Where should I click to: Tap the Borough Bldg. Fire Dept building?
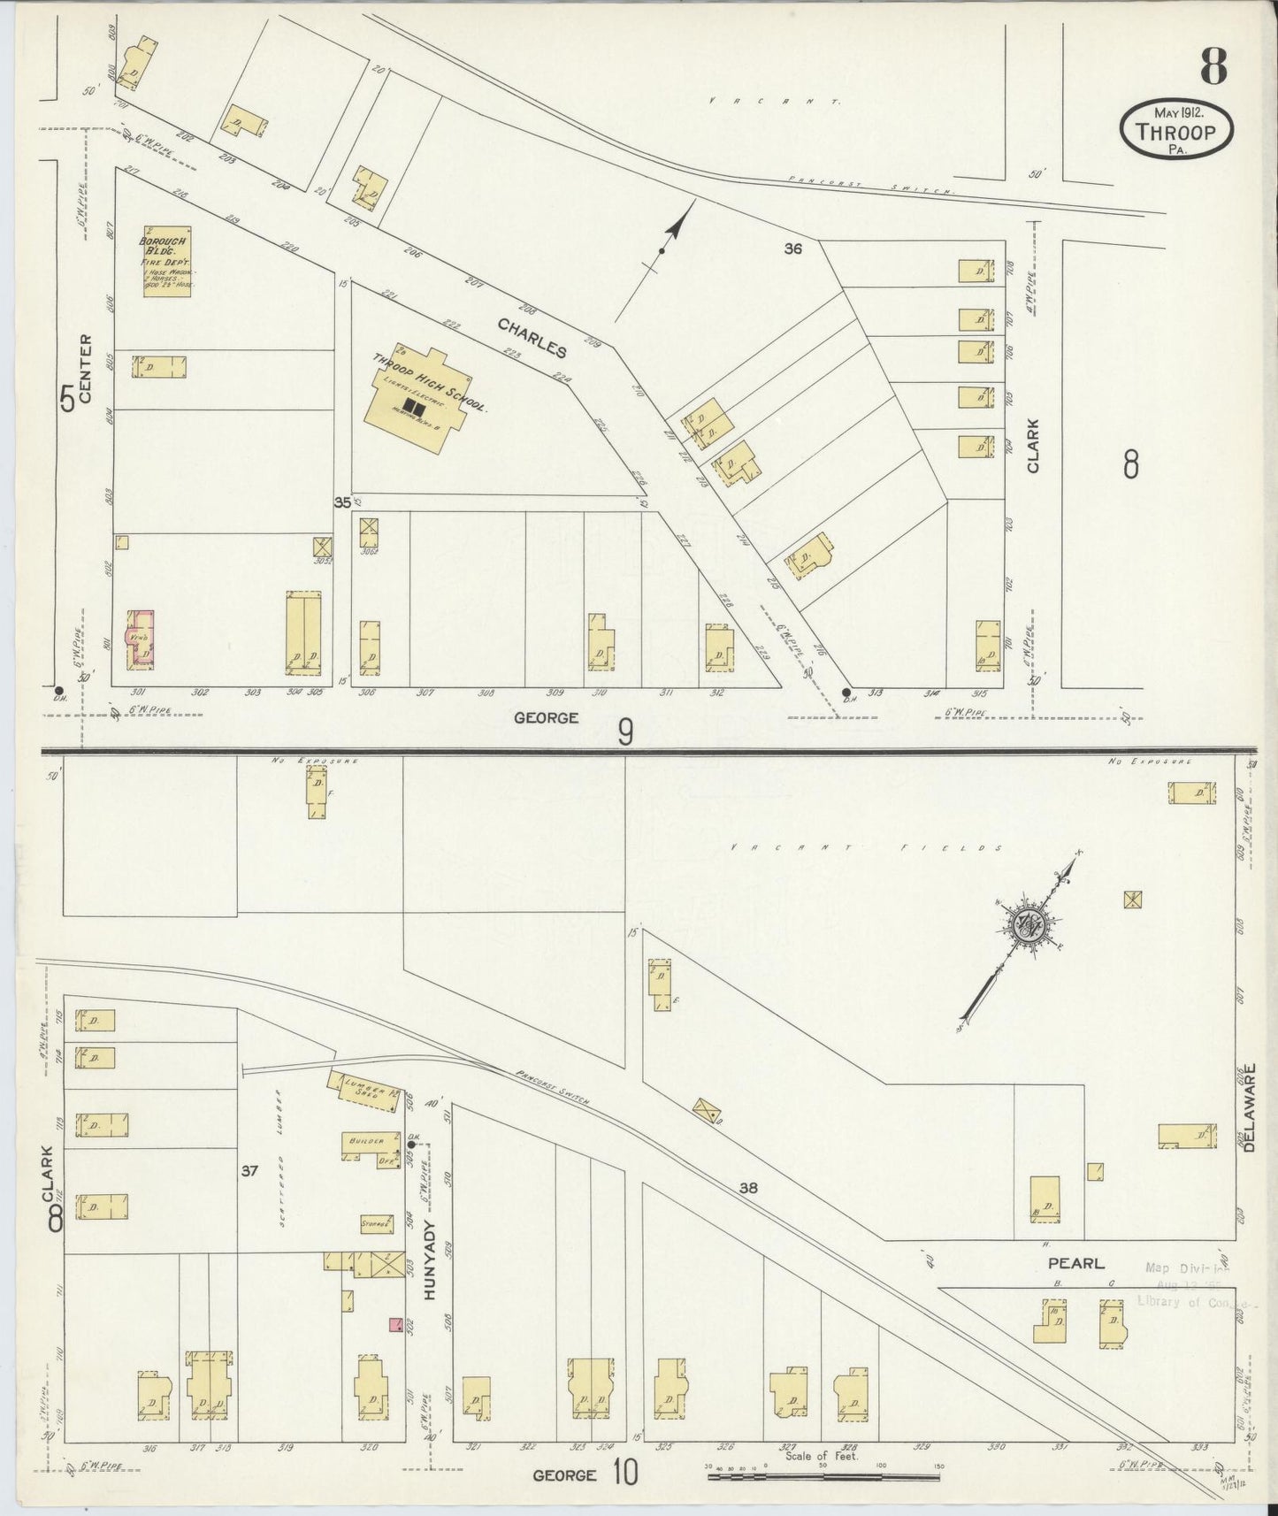click(166, 263)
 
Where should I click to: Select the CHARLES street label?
click(532, 338)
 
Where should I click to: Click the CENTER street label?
click(86, 369)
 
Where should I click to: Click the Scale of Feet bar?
click(823, 1476)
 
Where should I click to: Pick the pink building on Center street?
click(142, 637)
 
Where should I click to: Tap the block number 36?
click(792, 249)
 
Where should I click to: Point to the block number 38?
click(748, 1188)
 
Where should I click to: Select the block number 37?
click(249, 1171)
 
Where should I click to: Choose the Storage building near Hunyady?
click(377, 1224)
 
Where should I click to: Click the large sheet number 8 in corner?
click(1213, 66)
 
